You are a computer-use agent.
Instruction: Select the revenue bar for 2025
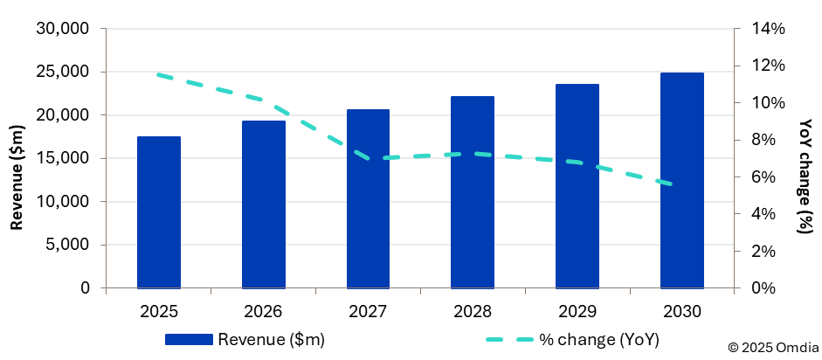(159, 212)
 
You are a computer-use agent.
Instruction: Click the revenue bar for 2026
(263, 204)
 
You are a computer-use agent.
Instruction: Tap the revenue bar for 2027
(368, 198)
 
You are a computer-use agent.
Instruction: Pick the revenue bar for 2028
(473, 192)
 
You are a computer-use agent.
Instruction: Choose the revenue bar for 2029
(577, 186)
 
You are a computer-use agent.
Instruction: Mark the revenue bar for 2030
(682, 180)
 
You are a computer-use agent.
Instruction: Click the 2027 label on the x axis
(368, 311)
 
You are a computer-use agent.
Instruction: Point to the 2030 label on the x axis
(682, 311)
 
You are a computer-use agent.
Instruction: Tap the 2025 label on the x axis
(159, 311)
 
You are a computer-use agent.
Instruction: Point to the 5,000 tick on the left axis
(70, 245)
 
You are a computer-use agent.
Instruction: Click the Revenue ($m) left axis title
(17, 177)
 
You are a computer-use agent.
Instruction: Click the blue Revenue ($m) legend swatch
(188, 339)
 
